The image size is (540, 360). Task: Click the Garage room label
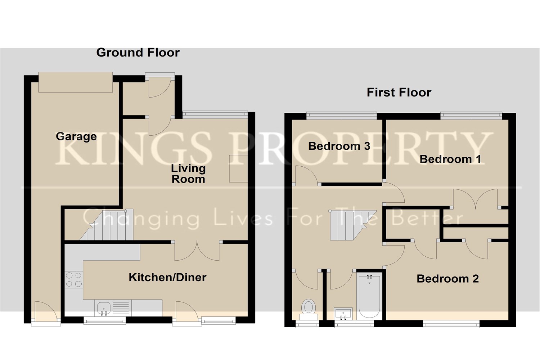click(76, 136)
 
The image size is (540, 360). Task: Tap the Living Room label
click(188, 174)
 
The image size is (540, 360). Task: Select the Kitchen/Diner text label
click(167, 277)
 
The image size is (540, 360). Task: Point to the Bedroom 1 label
click(450, 159)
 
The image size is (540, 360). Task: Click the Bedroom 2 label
click(447, 279)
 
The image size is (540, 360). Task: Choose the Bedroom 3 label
click(339, 146)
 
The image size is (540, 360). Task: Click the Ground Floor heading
click(138, 53)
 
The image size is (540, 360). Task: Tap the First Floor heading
click(399, 93)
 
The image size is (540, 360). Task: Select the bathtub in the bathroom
click(369, 296)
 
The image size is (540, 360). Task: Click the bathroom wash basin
click(343, 314)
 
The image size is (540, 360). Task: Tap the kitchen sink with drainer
click(113, 308)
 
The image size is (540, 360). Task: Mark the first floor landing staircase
click(349, 225)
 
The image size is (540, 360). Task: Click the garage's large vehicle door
click(75, 82)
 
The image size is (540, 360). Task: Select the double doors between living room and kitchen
click(197, 251)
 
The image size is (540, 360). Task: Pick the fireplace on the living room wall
click(238, 168)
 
